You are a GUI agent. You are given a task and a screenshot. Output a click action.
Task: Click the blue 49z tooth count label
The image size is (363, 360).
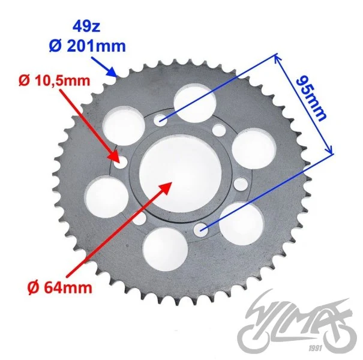click(86, 27)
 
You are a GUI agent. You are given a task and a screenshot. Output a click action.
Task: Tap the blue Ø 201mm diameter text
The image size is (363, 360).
click(87, 46)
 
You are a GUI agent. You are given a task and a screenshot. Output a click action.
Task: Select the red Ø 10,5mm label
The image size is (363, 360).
click(54, 80)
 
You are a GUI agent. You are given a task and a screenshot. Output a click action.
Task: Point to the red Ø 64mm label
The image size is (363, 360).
click(60, 288)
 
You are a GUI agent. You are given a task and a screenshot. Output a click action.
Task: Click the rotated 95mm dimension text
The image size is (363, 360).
click(311, 98)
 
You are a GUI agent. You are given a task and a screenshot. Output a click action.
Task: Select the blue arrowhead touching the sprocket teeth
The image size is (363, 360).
click(112, 72)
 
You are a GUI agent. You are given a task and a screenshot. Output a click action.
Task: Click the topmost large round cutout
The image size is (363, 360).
click(194, 102)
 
